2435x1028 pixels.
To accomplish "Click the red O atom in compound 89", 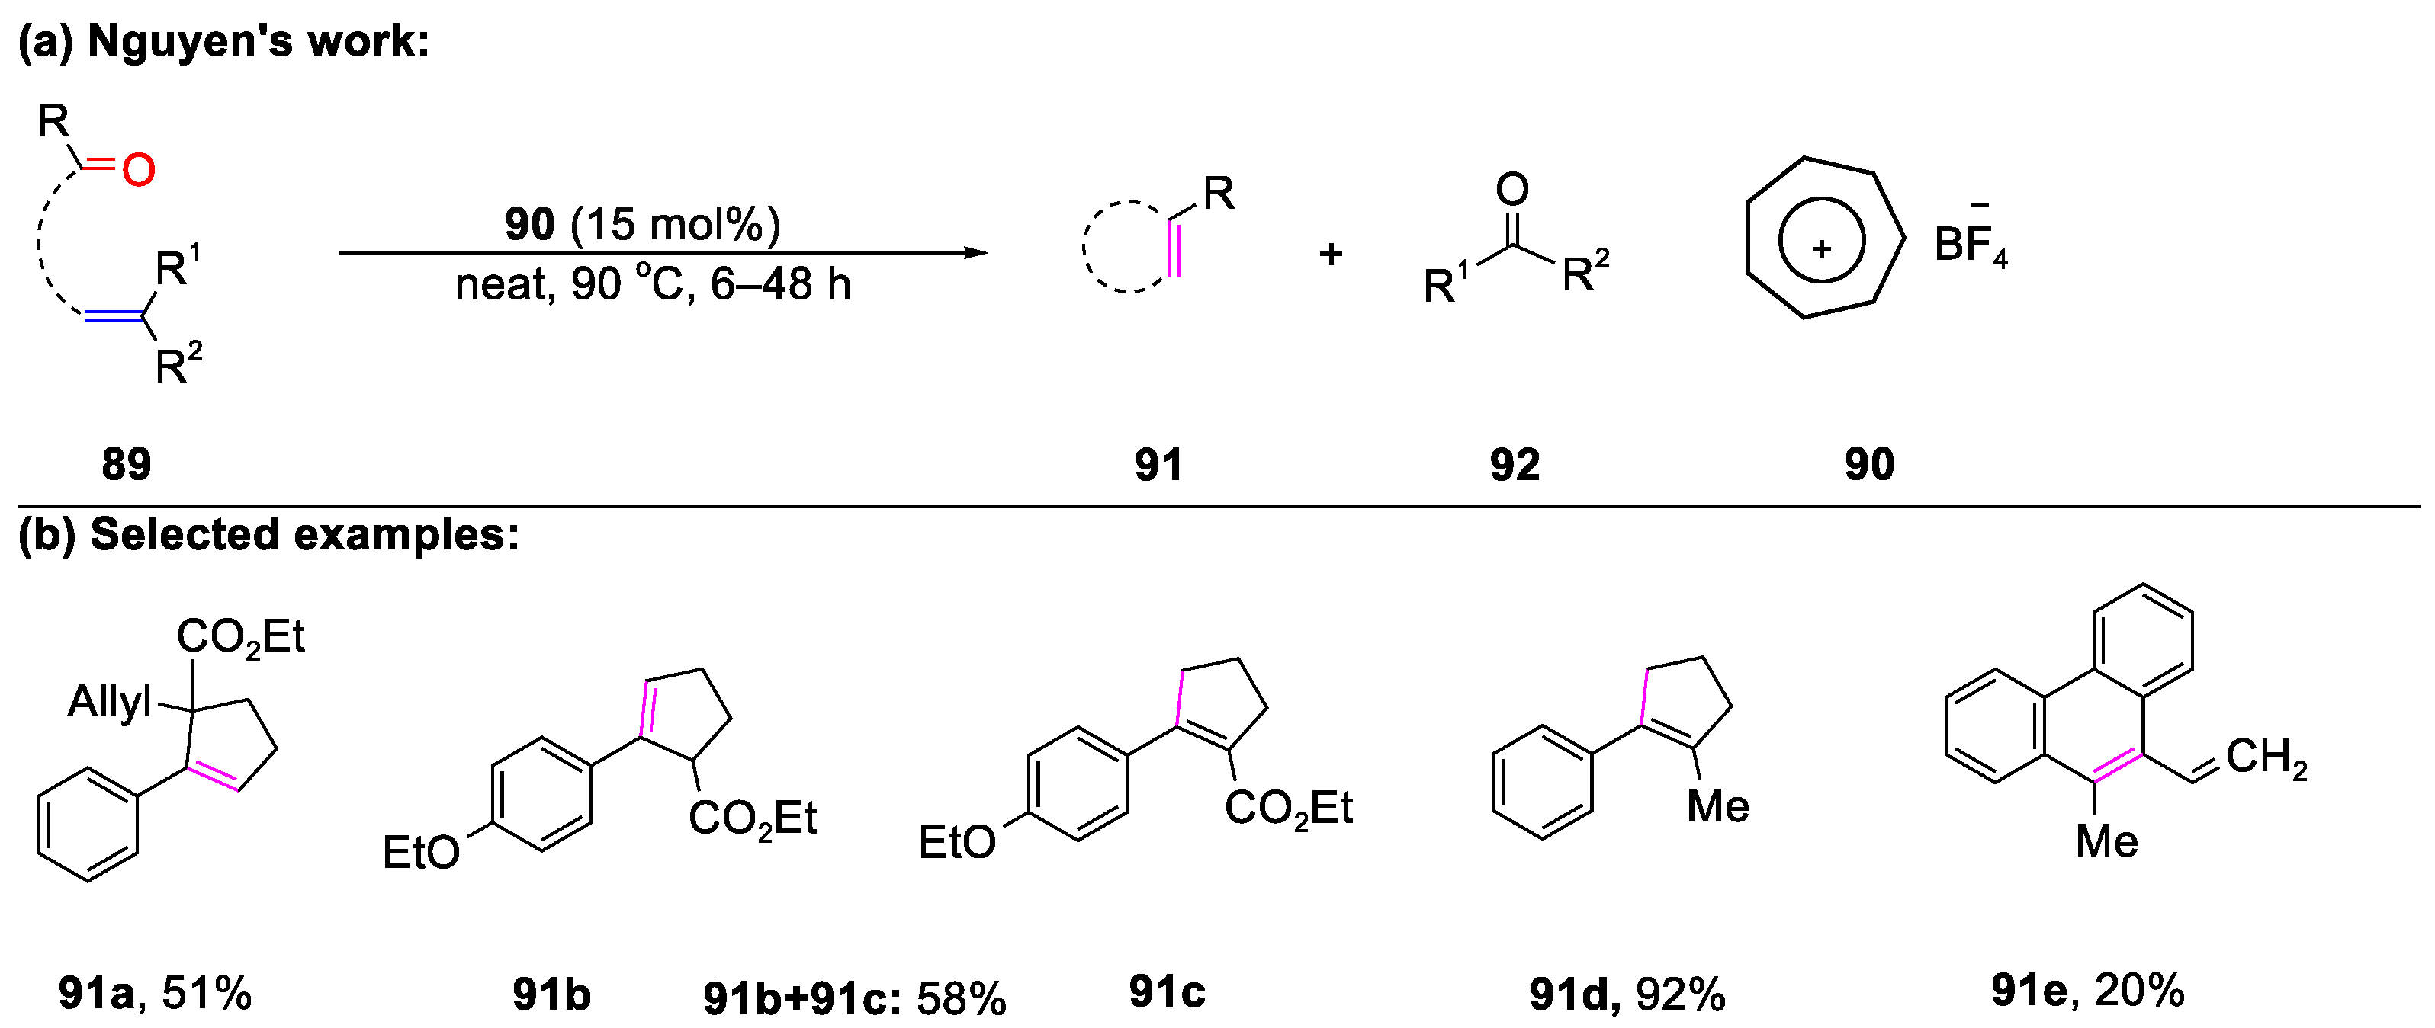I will click(x=138, y=170).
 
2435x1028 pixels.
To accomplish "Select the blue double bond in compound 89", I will click(x=114, y=318).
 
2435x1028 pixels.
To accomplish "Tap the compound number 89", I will click(x=126, y=464).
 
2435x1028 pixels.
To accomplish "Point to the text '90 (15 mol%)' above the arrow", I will click(x=643, y=224).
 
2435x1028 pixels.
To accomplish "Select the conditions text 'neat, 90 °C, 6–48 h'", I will click(x=652, y=284).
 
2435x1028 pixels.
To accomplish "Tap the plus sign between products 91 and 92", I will click(x=1331, y=253).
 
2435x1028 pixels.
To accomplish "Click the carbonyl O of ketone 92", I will click(x=1512, y=189).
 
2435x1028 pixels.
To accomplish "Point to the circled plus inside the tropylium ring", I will click(x=1822, y=248).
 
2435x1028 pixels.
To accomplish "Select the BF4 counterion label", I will click(x=1970, y=245).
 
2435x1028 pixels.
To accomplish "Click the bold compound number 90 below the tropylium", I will click(x=1869, y=464).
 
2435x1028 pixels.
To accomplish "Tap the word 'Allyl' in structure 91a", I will click(x=110, y=702).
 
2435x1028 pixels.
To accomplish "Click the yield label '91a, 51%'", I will click(x=155, y=993).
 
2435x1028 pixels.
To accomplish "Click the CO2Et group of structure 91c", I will click(x=1288, y=809).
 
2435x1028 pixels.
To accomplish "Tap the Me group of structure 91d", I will click(x=1717, y=807).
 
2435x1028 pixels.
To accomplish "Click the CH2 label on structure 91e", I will click(x=2266, y=757).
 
